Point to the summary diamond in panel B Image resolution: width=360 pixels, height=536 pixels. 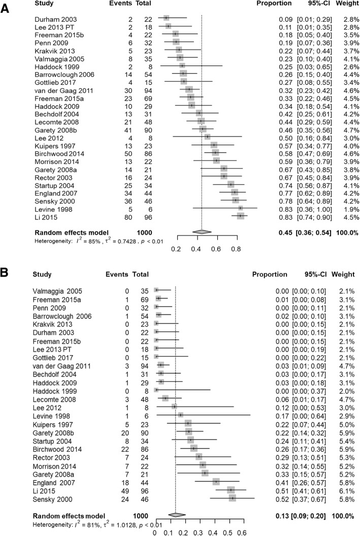(x=175, y=515)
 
